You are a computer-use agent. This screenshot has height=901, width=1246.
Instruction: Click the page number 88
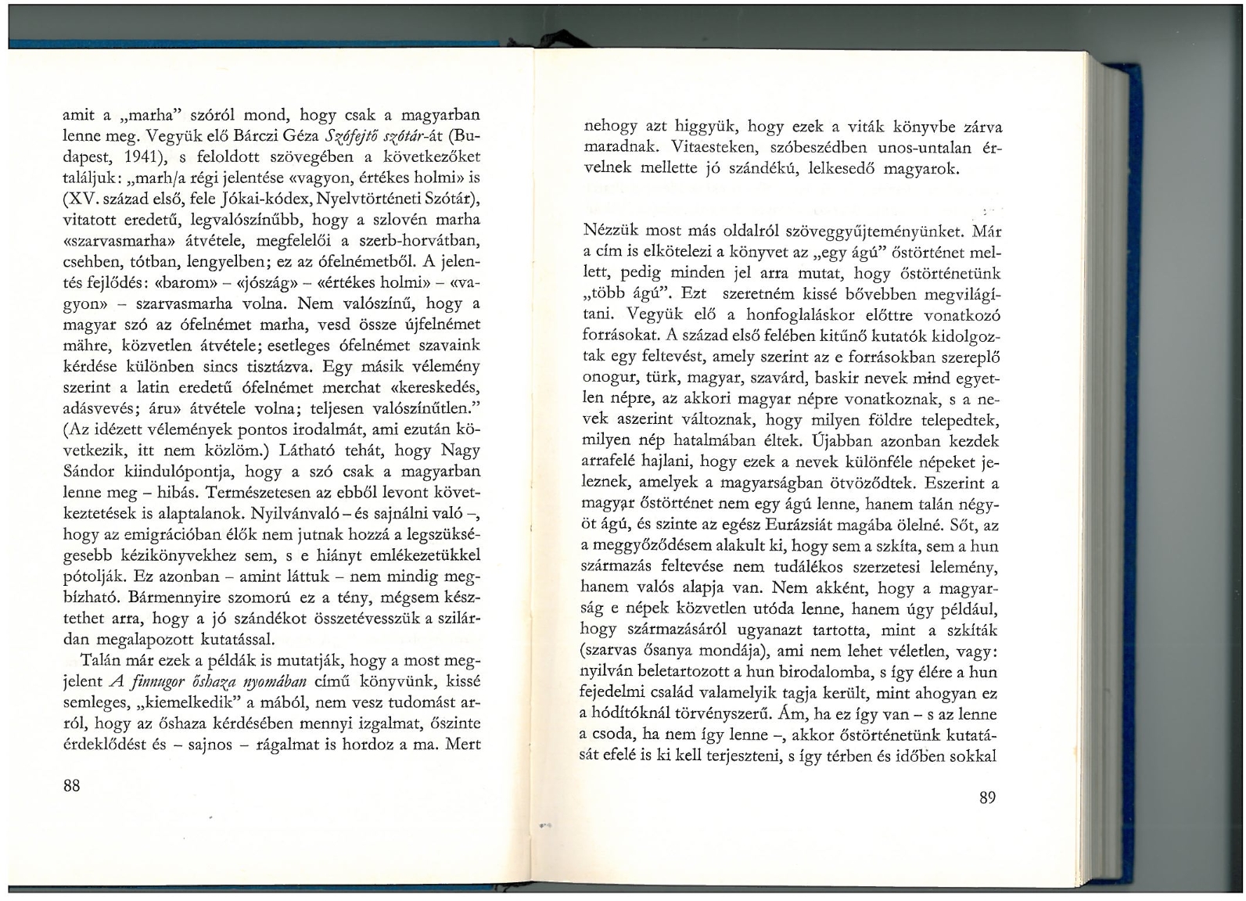71,786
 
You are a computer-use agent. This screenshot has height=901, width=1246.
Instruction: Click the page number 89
986,798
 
